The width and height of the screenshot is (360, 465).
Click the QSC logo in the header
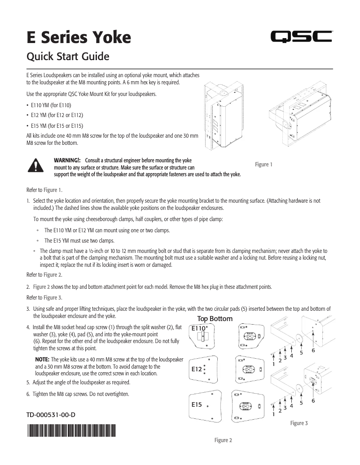click(301, 37)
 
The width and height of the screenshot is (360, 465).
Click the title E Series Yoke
click(79, 37)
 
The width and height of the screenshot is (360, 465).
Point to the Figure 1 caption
click(263, 165)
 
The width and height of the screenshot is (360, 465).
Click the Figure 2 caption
click(223, 440)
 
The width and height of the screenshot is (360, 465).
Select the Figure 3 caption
click(299, 423)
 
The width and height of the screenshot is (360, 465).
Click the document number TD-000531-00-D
click(51, 415)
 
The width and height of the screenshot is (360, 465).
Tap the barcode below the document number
click(71, 432)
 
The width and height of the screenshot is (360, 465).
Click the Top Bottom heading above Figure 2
click(215, 319)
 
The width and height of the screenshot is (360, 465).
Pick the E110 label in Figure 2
click(198, 328)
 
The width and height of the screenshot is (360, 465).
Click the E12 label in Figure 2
click(196, 369)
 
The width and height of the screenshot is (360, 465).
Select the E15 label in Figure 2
click(196, 404)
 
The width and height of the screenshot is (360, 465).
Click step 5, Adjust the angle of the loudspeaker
click(79, 382)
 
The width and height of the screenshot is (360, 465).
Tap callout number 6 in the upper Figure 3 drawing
click(313, 350)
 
